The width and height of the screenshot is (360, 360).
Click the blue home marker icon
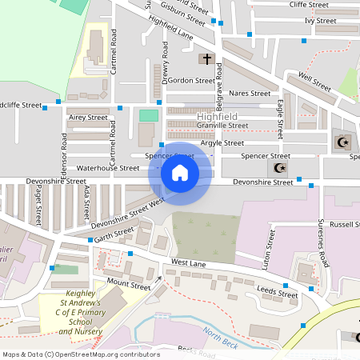pyautogui.click(x=180, y=172)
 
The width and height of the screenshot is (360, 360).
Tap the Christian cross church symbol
pyautogui.click(x=206, y=59)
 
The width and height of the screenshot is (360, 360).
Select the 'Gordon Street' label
pyautogui.click(x=191, y=81)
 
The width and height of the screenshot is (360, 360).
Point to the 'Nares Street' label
pyautogui.click(x=250, y=94)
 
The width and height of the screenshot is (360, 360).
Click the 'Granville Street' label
pyautogui.click(x=222, y=126)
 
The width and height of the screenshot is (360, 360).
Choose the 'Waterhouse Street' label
pyautogui.click(x=107, y=168)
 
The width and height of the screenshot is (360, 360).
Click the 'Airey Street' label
pyautogui.click(x=88, y=117)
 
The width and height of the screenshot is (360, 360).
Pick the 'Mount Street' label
pyautogui.click(x=128, y=285)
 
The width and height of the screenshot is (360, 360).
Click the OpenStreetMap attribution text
pyautogui.click(x=81, y=354)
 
